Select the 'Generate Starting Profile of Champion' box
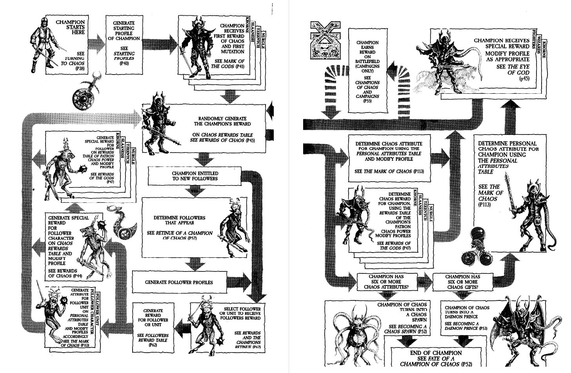point(124,43)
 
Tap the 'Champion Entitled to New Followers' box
point(195,176)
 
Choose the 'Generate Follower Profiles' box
point(179,282)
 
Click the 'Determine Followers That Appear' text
point(180,220)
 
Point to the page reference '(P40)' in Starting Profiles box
point(124,63)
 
